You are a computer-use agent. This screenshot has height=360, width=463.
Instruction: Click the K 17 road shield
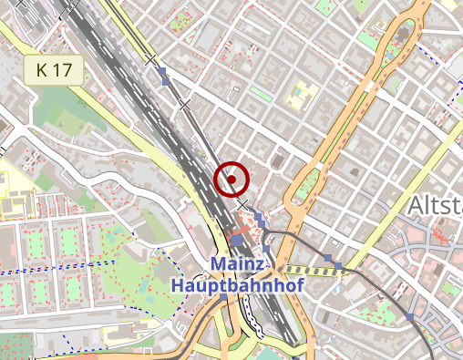(x=54, y=69)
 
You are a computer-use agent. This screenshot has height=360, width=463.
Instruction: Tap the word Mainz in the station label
(x=239, y=264)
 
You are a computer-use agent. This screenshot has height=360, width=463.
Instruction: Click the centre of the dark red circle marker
(x=231, y=179)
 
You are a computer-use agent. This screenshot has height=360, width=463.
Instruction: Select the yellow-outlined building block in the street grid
(x=301, y=94)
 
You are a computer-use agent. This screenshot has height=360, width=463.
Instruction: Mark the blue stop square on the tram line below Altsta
(x=410, y=316)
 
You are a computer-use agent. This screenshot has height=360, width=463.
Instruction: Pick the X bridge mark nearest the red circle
(x=242, y=205)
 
